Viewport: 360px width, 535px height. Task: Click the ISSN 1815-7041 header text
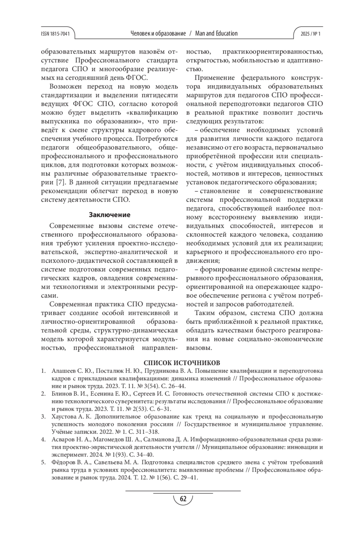[x=55, y=34]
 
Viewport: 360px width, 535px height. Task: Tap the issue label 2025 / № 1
[x=310, y=34]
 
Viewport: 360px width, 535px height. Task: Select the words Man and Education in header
[x=216, y=33]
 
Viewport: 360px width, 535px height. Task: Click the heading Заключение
[x=109, y=215]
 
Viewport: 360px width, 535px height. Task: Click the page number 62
[x=183, y=499]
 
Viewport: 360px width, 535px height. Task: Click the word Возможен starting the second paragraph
[x=65, y=87]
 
